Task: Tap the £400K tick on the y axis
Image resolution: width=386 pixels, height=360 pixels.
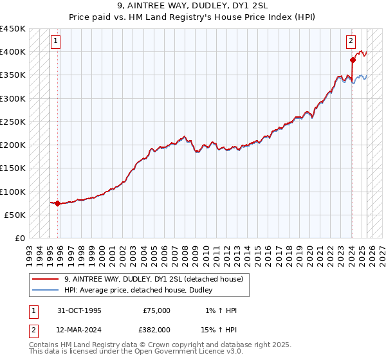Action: (x=13, y=51)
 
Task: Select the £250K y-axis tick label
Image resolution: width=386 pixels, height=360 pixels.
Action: (x=13, y=122)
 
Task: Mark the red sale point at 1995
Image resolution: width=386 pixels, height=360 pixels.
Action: (x=58, y=203)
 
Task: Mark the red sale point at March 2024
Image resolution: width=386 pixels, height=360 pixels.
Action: (x=353, y=60)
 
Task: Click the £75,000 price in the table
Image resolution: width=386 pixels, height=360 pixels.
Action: (x=156, y=310)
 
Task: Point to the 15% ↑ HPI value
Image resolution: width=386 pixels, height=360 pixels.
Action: (x=219, y=329)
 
